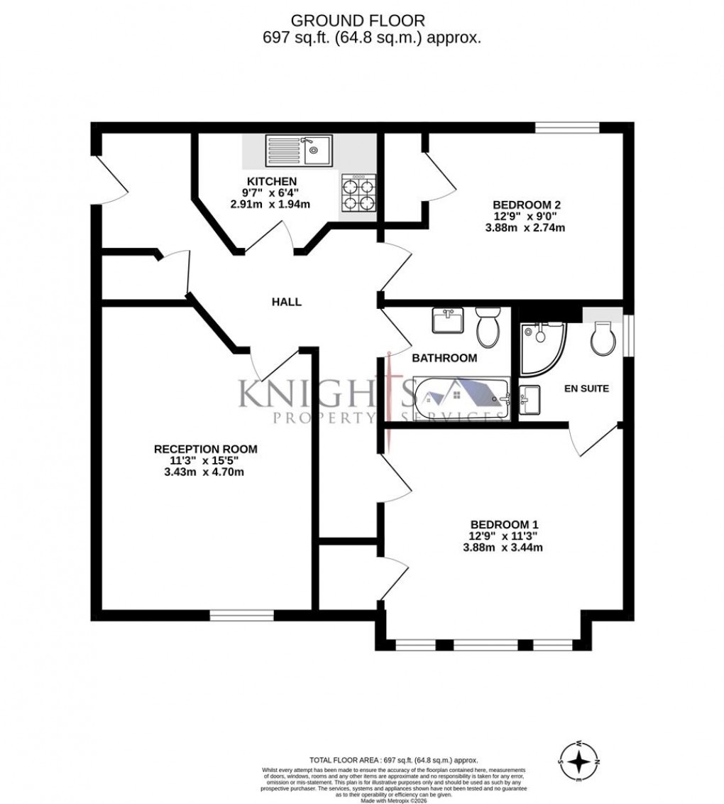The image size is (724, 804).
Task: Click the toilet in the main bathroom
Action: pyautogui.click(x=488, y=327)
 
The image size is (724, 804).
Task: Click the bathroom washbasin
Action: pyautogui.click(x=447, y=321)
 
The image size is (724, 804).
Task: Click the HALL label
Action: pyautogui.click(x=287, y=302)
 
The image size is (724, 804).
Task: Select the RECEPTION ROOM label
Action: pyautogui.click(x=206, y=449)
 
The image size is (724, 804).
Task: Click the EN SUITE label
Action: pyautogui.click(x=586, y=389)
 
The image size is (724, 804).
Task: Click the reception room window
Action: pyautogui.click(x=241, y=615)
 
